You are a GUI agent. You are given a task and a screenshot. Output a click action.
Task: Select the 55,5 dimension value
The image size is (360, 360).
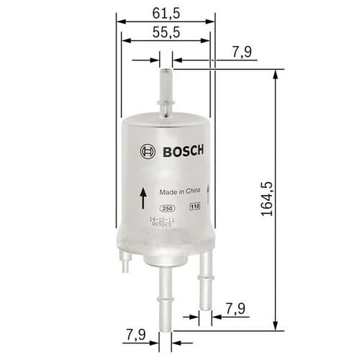(x=166, y=32)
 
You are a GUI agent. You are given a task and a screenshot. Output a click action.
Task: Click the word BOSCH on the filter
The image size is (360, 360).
(x=181, y=150)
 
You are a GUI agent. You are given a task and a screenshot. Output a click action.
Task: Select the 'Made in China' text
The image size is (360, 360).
(x=179, y=192)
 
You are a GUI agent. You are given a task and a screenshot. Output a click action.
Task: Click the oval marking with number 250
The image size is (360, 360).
(x=168, y=207)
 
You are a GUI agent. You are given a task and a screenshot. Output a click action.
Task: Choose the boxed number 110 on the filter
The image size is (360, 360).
(x=194, y=207)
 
